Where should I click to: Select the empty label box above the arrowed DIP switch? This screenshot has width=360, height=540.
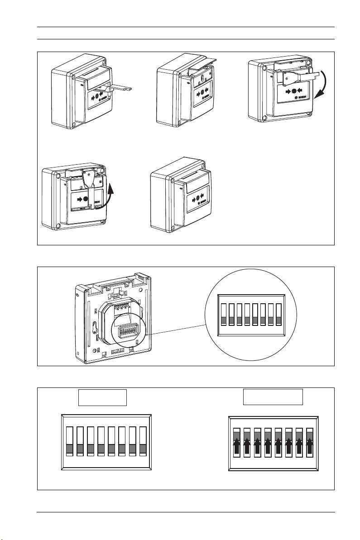273,397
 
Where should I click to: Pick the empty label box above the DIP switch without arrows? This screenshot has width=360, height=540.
102,397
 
